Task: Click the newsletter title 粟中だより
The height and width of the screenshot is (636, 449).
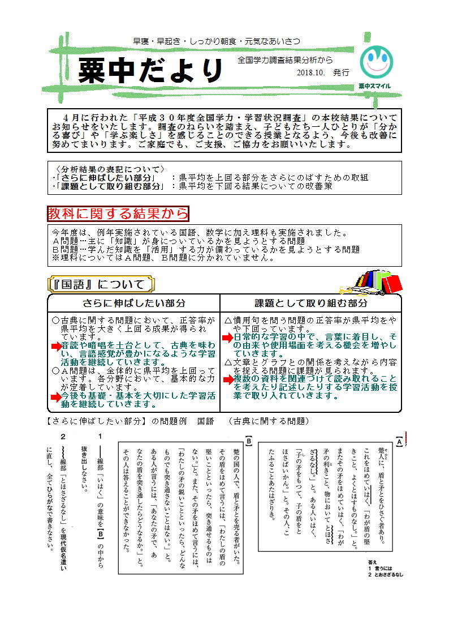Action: [151, 70]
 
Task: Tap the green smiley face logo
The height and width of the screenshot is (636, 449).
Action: [376, 62]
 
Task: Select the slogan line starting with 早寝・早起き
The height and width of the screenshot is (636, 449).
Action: [217, 41]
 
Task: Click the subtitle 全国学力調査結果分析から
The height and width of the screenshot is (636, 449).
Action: [285, 59]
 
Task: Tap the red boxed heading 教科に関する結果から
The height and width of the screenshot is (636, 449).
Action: [118, 213]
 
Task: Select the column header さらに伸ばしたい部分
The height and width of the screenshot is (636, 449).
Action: [134, 303]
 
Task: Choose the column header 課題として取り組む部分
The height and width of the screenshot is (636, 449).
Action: [310, 303]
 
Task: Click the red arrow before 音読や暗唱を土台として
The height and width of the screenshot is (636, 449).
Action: [55, 345]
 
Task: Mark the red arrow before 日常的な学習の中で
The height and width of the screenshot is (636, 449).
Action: [227, 338]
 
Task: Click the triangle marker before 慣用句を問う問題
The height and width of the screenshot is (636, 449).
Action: [228, 320]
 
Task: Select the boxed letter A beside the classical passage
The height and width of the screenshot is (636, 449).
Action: [399, 441]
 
